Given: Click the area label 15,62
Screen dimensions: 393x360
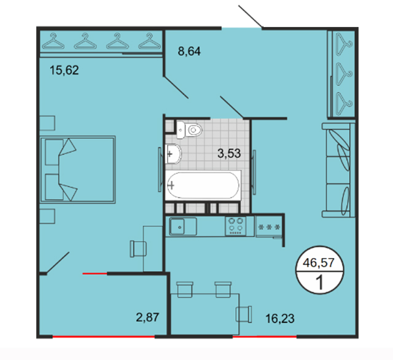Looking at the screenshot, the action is click(64, 70).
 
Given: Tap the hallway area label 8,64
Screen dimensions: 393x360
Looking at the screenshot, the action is click(189, 52).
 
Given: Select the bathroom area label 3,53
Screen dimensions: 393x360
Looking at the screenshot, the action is click(229, 153).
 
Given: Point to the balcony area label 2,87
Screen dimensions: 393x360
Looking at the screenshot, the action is click(147, 317).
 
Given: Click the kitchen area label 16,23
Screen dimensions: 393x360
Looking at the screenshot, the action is click(280, 319).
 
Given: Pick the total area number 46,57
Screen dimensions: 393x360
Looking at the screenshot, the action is click(319, 263).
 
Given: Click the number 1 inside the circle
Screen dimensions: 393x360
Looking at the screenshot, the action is click(320, 282).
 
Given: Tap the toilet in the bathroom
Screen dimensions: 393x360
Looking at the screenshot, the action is click(189, 130).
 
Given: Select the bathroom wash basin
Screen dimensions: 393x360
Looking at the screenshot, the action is click(173, 154).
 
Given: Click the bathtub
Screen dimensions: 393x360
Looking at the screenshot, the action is click(203, 186).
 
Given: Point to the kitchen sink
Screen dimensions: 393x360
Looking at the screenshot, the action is click(183, 226).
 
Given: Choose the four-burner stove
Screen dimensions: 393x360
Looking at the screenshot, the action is click(236, 226).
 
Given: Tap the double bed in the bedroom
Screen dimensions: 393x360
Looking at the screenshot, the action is click(78, 170).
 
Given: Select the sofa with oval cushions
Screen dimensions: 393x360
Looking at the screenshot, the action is click(338, 170).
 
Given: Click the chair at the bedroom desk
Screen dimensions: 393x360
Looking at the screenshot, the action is click(138, 249).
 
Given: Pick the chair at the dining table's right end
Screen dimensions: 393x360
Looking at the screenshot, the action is click(244, 314).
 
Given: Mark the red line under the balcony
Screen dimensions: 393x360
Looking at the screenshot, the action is click(104, 337).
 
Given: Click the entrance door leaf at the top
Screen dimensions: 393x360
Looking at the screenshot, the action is click(251, 17).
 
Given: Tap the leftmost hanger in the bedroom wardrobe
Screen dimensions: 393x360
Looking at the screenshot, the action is click(53, 41).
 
